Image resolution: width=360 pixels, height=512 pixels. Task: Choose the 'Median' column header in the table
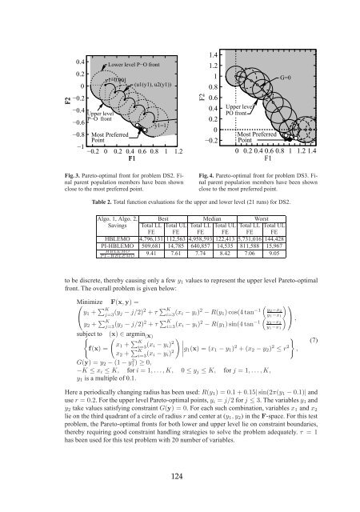190,218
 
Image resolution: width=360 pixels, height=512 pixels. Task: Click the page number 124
179,478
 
